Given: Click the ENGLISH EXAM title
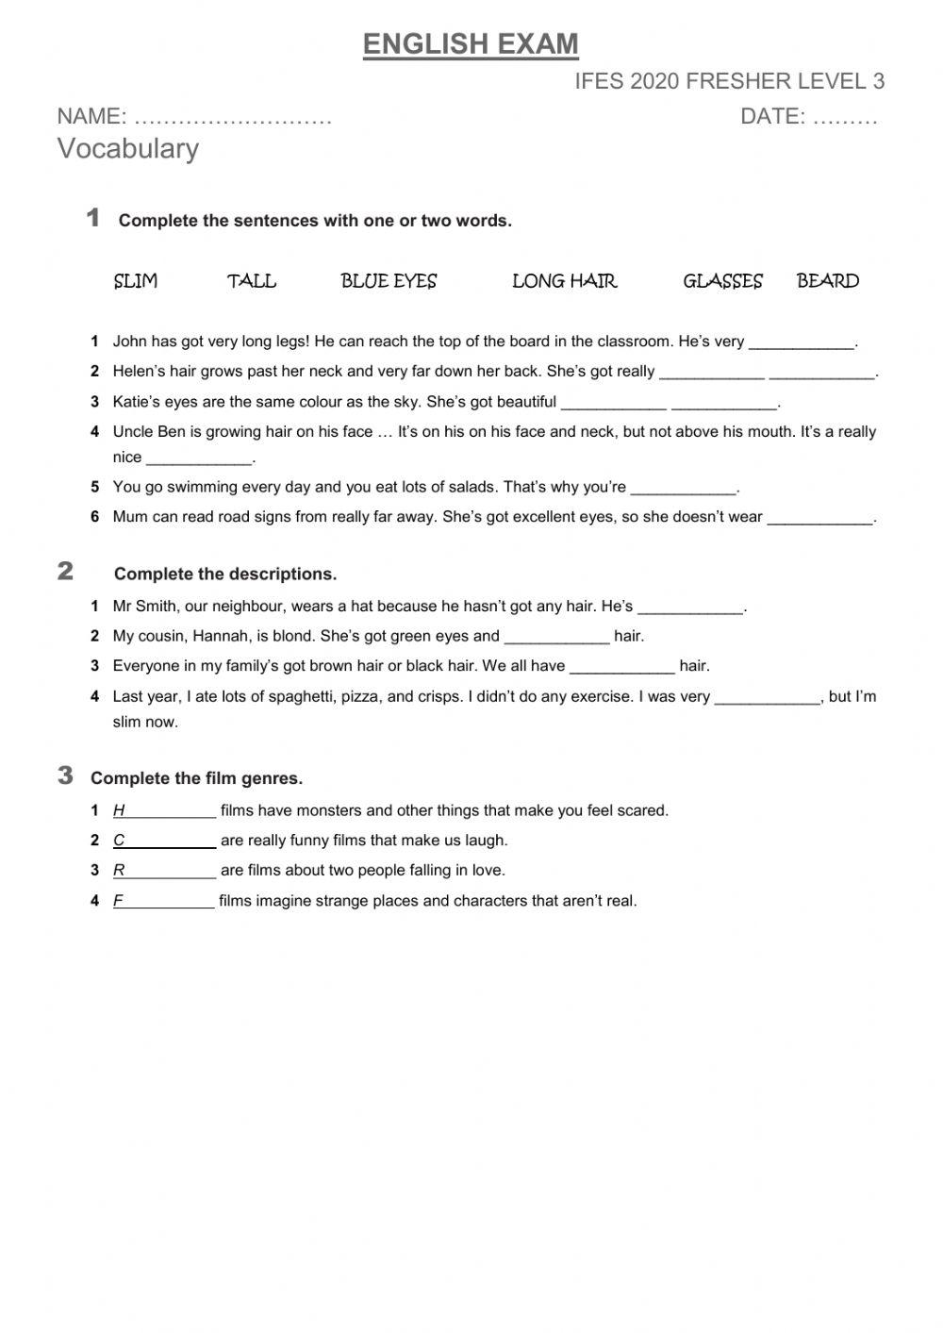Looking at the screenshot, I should coord(471,44).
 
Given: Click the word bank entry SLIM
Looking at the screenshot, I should coord(135,281).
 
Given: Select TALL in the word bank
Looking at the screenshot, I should coord(252,281).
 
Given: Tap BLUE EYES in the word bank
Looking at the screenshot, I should coord(389,281).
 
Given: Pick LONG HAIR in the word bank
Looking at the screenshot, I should coord(564,281).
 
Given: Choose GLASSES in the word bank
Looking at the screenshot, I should coord(722,281).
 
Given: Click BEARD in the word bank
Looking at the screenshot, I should coord(828,281).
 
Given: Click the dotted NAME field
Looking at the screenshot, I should coord(233,118).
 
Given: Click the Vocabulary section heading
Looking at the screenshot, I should coord(128,148).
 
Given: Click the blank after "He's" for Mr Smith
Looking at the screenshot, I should coord(690,608).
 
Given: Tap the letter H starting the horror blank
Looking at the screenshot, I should coord(119,810).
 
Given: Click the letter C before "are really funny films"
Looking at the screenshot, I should coord(119,841).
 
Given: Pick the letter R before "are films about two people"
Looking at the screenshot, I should coord(119,871).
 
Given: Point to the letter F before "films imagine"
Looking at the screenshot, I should coord(118,901).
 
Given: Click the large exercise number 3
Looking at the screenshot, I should coord(65,775).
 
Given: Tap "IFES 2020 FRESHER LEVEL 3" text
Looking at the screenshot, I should coord(730,82).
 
